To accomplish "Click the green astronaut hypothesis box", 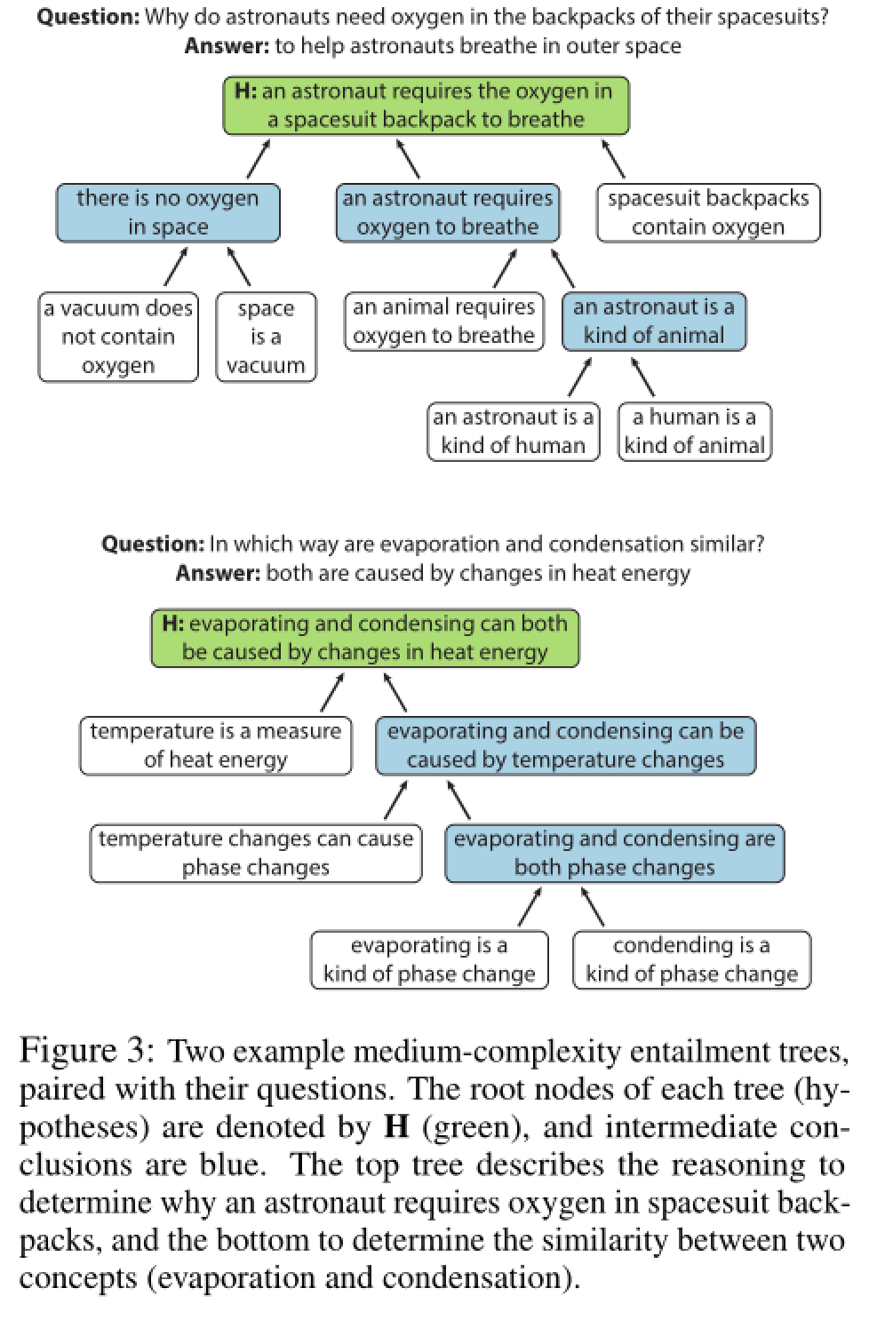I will pos(426,106).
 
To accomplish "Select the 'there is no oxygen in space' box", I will pos(168,212).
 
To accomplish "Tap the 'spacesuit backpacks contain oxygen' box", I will pos(707,212).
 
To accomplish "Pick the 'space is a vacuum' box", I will pos(266,337).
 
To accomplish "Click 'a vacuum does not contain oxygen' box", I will pos(118,337).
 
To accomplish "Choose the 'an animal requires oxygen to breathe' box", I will pos(443,322).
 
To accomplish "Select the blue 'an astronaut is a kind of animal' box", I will pos(653,322).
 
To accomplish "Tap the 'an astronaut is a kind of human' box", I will pos(513,431).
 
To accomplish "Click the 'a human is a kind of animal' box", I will pos(694,431).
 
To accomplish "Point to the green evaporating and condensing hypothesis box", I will pos(364,638).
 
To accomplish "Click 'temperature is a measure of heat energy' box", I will pos(215,745).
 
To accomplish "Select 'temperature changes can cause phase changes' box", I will pos(256,853).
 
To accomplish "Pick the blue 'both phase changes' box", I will pos(614,853).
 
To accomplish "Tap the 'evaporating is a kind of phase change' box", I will pos(429,959).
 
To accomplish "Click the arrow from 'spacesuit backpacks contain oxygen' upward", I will pos(613,159).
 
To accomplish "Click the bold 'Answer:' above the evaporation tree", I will pos(218,573).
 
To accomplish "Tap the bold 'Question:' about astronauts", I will pos(87,16).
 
